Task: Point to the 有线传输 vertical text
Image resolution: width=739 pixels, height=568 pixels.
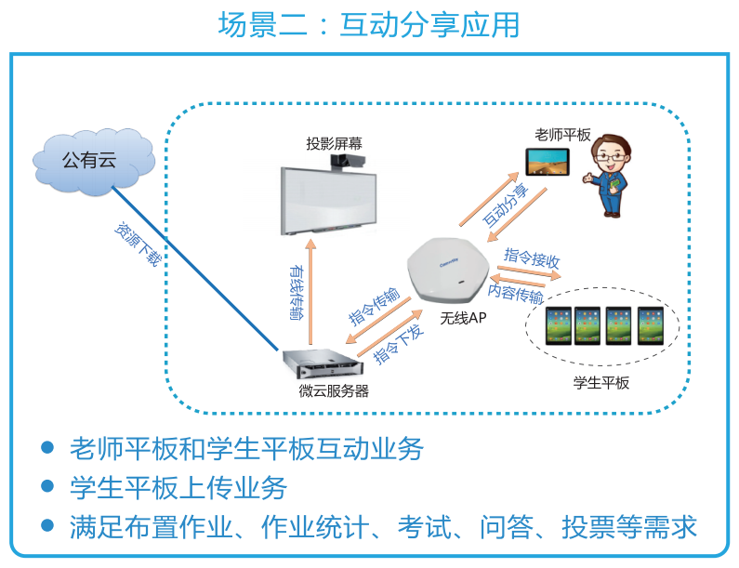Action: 295,293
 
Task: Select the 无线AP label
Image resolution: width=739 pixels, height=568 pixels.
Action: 462,318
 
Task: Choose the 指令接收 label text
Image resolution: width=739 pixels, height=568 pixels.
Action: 532,257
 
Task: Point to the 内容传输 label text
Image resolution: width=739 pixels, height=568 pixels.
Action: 516,293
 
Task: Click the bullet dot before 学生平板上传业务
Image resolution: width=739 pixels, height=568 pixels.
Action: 47,486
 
